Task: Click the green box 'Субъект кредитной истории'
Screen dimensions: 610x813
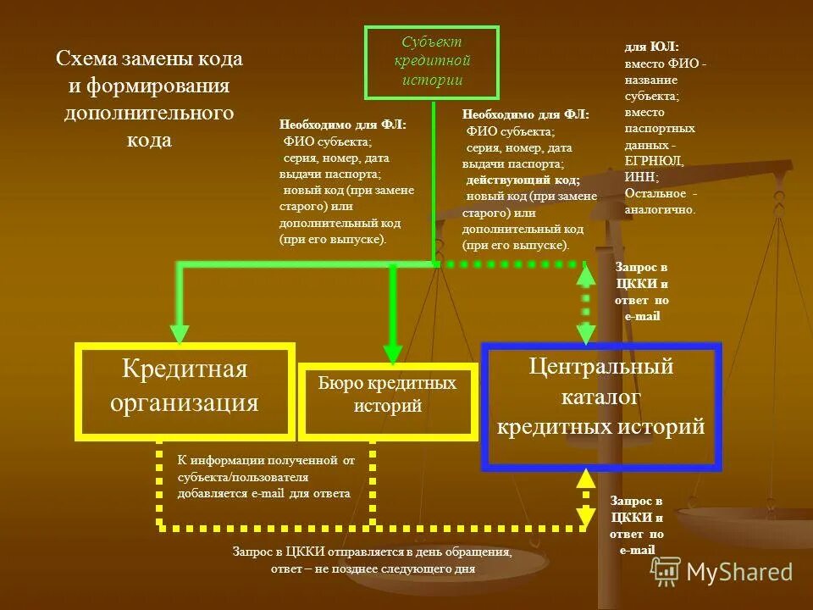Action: tap(432, 63)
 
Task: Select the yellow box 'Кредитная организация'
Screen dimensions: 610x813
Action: tap(185, 390)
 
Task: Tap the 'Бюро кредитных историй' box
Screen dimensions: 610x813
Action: tap(387, 400)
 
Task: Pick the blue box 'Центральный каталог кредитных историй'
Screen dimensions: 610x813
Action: tap(600, 405)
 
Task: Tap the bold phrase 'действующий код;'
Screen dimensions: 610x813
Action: tap(523, 180)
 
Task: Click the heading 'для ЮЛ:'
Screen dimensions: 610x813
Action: tap(652, 48)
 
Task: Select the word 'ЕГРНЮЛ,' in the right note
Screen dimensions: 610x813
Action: tap(654, 161)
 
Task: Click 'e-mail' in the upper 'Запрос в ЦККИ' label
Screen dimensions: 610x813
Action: tap(641, 316)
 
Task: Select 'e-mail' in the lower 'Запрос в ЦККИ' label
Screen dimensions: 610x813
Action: tap(637, 551)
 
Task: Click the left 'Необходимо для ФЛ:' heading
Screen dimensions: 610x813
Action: tap(342, 125)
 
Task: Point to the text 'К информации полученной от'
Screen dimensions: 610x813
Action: tap(266, 461)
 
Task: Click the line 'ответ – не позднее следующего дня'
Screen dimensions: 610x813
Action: tap(373, 568)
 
